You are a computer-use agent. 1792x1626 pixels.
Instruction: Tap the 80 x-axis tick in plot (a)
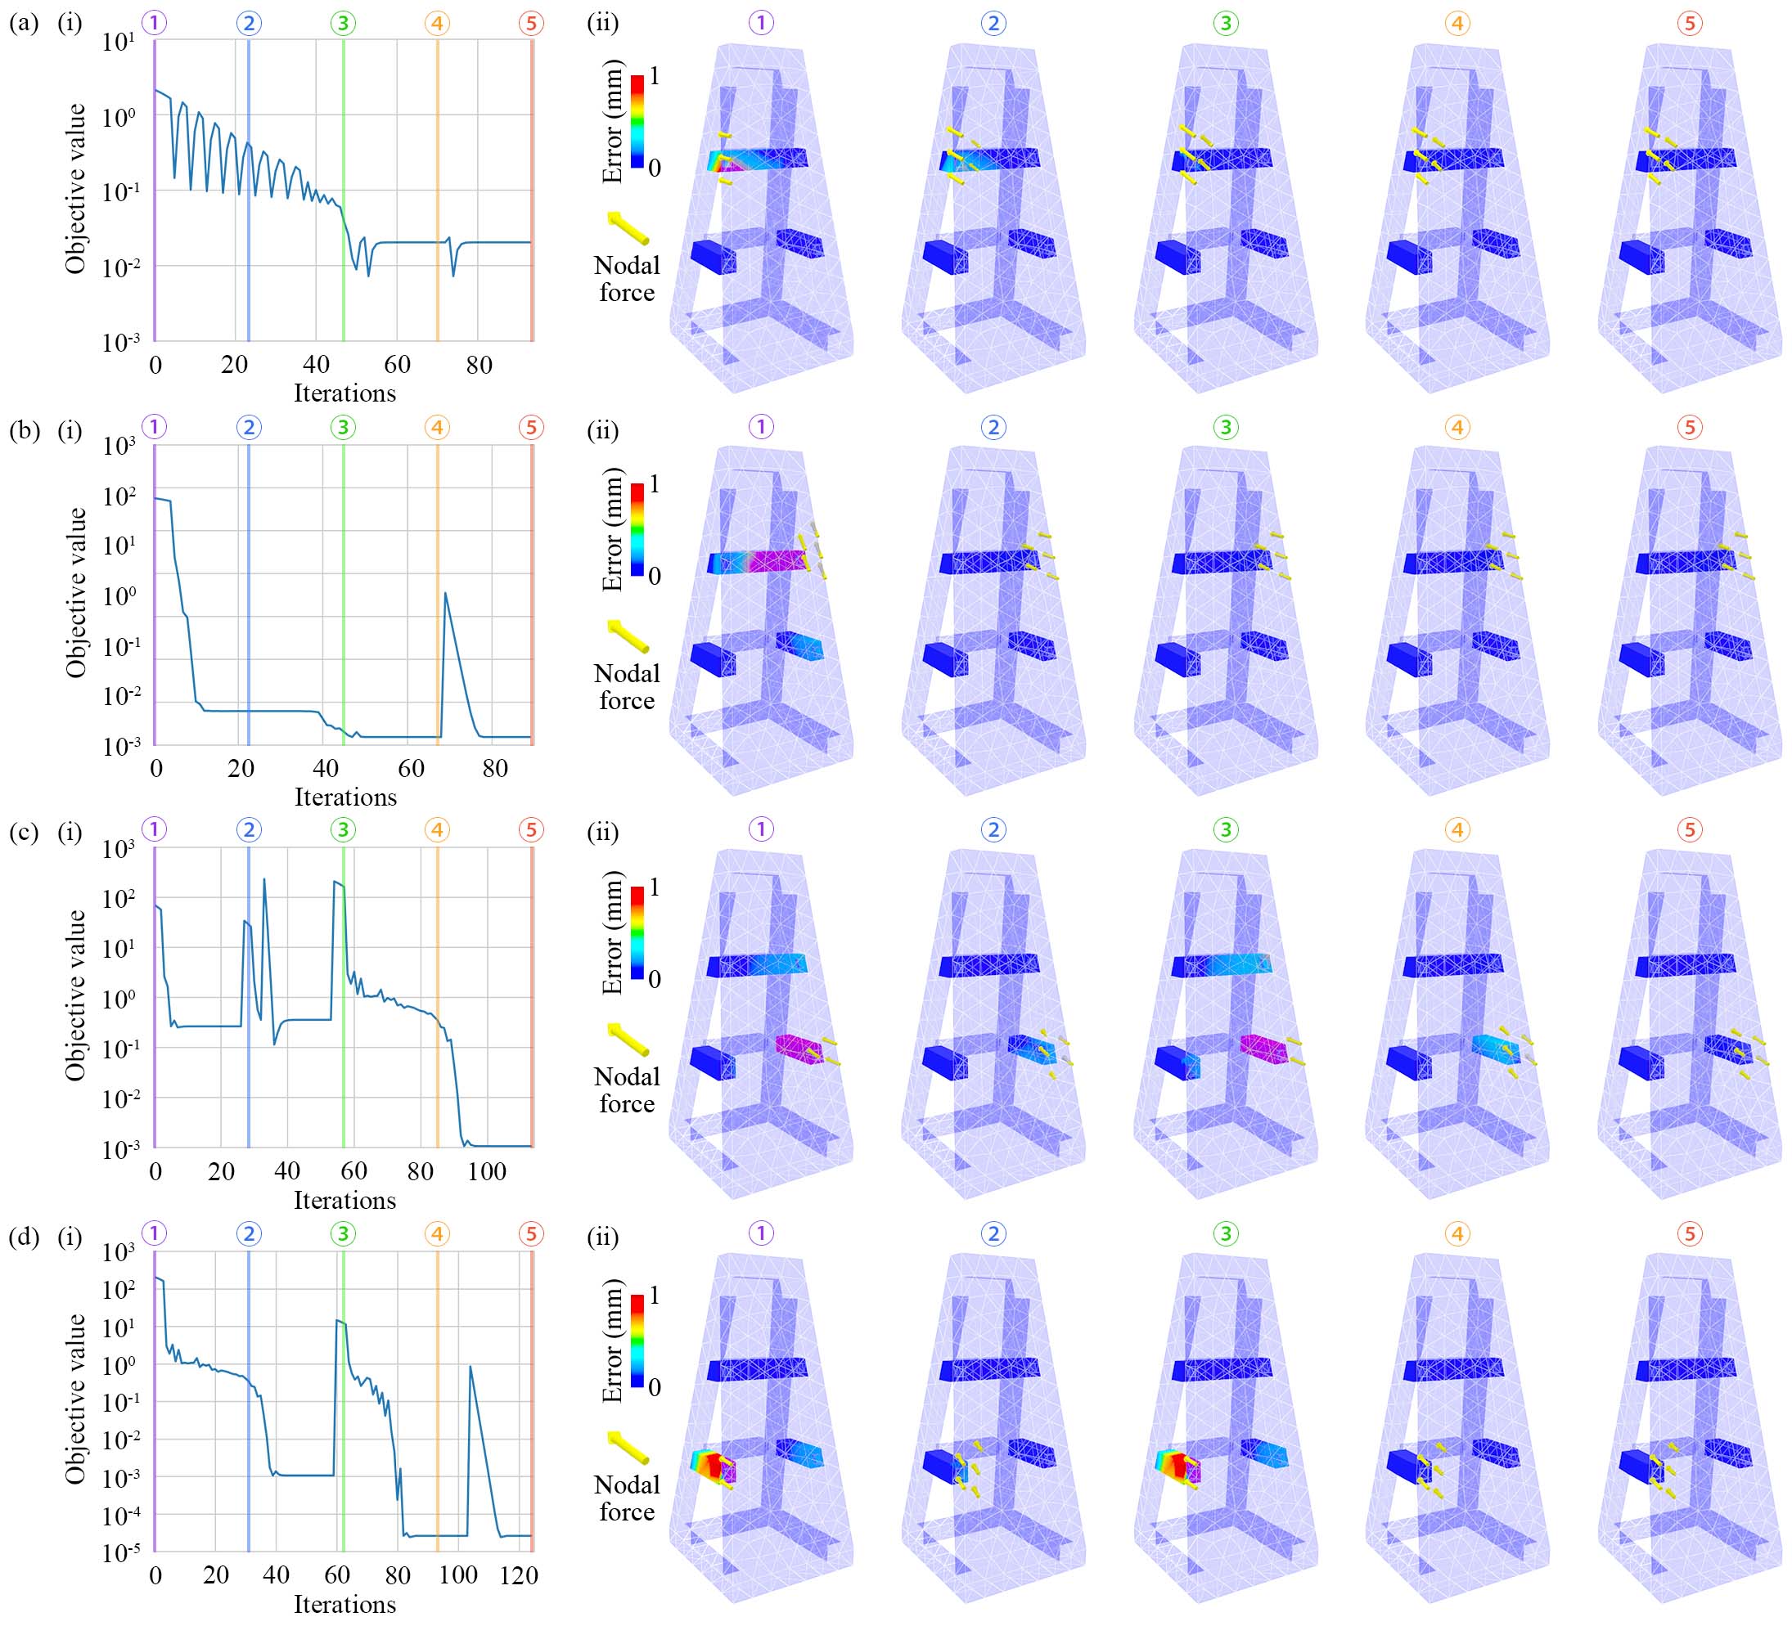pyautogui.click(x=480, y=364)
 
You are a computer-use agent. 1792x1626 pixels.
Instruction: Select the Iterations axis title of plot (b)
pyautogui.click(x=344, y=797)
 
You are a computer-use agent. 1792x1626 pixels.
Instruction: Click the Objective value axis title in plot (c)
pyautogui.click(x=76, y=995)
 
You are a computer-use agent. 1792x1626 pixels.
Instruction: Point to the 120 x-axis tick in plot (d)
pyautogui.click(x=519, y=1575)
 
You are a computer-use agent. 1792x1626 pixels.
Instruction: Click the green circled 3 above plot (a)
pyautogui.click(x=343, y=23)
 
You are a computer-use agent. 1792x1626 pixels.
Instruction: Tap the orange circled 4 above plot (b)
pyautogui.click(x=437, y=428)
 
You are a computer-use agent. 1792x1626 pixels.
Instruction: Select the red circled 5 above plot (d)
pyautogui.click(x=532, y=1233)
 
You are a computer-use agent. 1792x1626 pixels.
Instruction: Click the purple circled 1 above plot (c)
pyautogui.click(x=155, y=830)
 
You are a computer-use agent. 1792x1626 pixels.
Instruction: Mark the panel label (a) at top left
pyautogui.click(x=23, y=23)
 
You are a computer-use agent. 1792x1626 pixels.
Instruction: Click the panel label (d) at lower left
pyautogui.click(x=23, y=1236)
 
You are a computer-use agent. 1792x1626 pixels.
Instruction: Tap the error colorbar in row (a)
pyautogui.click(x=637, y=122)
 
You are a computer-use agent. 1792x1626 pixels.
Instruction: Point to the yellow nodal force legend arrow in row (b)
pyautogui.click(x=628, y=636)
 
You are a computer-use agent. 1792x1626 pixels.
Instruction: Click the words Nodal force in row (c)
pyautogui.click(x=627, y=1090)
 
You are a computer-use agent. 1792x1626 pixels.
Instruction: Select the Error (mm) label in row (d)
pyautogui.click(x=612, y=1341)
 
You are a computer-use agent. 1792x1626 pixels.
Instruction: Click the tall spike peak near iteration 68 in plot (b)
pyautogui.click(x=445, y=594)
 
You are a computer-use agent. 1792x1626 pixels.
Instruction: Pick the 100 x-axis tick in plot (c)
pyautogui.click(x=487, y=1171)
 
